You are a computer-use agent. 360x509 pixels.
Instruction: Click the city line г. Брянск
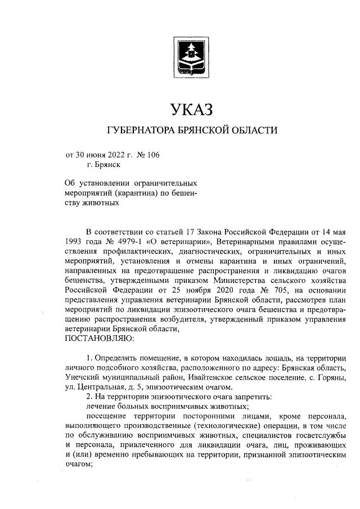point(103,165)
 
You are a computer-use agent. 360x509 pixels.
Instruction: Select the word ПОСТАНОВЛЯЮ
point(100,339)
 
